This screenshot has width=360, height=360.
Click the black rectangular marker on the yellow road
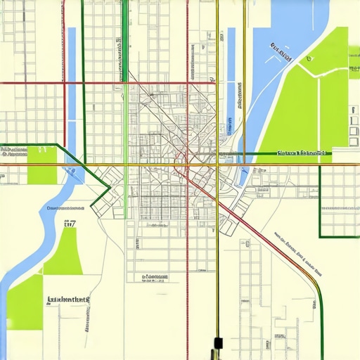(217, 344)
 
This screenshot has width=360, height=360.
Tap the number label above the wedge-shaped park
(70, 224)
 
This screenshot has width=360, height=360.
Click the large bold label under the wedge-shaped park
(68, 300)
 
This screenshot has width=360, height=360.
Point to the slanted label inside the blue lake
(282, 50)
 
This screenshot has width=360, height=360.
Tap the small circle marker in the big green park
(307, 60)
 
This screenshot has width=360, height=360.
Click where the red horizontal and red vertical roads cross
(187, 83)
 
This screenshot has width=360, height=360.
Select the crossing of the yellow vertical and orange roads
(217, 165)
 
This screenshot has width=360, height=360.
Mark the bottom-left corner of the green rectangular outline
(321, 236)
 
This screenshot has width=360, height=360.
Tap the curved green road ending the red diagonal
(317, 295)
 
